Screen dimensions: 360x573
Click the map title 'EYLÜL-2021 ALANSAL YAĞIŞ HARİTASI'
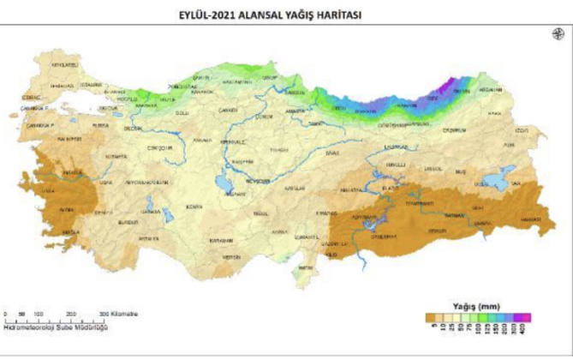pyautogui.click(x=286, y=14)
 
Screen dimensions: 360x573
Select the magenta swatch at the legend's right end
pyautogui.click(x=527, y=318)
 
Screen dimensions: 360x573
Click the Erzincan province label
pyautogui.click(x=395, y=146)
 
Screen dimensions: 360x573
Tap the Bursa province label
pyautogui.click(x=101, y=124)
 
